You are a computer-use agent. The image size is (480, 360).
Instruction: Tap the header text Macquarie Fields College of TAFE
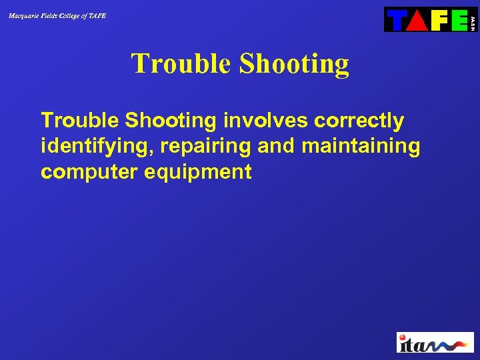click(x=57, y=15)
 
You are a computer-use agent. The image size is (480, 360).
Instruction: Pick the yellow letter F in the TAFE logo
click(x=438, y=20)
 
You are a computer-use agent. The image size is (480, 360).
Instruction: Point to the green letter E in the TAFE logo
click(x=458, y=20)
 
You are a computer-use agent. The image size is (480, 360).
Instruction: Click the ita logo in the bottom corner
click(x=435, y=343)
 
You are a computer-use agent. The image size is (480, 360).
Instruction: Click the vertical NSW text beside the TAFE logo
click(x=473, y=20)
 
